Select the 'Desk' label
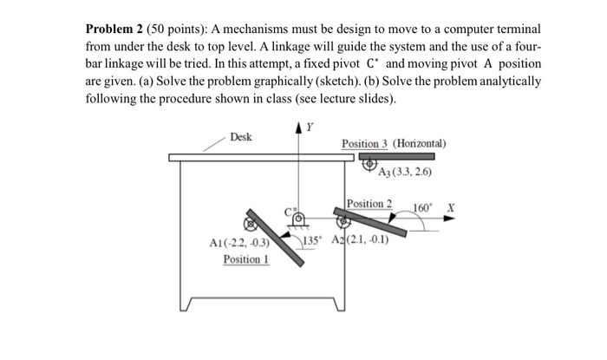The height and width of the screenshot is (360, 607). click(241, 136)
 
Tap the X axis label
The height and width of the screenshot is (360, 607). click(449, 208)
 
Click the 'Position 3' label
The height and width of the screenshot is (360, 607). click(365, 143)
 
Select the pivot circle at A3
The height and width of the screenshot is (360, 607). click(369, 163)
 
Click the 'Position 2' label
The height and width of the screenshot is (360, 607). click(369, 204)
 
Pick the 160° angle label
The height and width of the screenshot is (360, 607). click(421, 208)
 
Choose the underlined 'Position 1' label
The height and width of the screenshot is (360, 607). click(245, 259)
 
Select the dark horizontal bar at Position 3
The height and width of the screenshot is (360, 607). click(395, 157)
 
